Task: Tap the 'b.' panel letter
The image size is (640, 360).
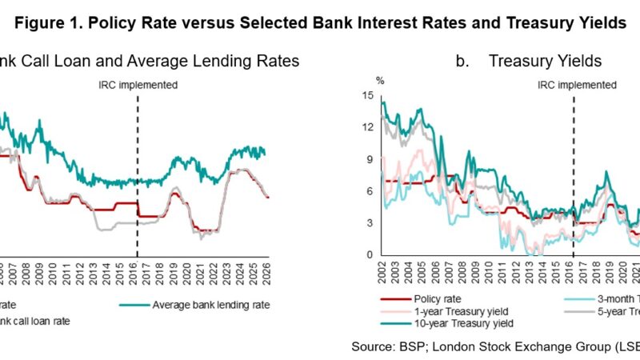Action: tap(462, 60)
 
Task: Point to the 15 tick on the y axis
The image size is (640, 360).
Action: tap(368, 96)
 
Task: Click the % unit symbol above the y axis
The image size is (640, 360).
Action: tap(381, 81)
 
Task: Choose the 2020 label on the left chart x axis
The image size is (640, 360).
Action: tap(188, 271)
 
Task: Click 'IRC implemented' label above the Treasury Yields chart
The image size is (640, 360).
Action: tap(576, 84)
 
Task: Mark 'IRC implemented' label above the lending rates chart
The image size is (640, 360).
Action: tap(137, 84)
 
